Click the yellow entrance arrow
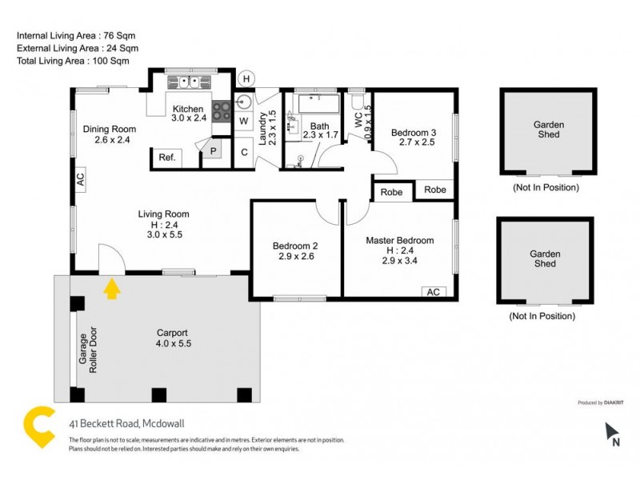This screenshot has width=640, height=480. (x=112, y=288)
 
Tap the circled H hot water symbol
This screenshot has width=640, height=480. (x=247, y=78)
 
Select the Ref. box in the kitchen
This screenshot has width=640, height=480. (x=166, y=158)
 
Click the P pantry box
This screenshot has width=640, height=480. (x=214, y=150)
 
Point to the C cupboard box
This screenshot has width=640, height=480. (x=244, y=152)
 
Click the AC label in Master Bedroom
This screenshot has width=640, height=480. (x=434, y=292)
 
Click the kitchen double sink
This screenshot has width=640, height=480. (x=189, y=82)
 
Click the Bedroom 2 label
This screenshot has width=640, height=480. (x=295, y=251)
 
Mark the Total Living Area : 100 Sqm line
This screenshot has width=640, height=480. (x=73, y=61)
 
